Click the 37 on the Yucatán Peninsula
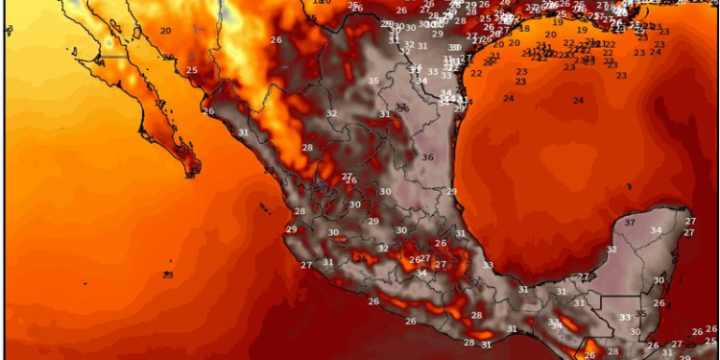click(631, 223)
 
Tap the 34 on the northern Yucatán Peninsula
click(657, 230)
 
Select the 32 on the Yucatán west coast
click(612, 250)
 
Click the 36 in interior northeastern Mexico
click(427, 158)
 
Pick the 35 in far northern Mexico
click(373, 82)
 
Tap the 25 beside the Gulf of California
click(192, 70)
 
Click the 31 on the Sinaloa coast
click(243, 132)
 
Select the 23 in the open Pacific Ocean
click(168, 276)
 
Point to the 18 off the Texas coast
click(524, 29)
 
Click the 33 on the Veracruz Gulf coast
click(488, 266)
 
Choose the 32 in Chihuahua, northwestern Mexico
click(331, 113)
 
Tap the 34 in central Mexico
click(421, 274)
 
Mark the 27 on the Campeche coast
click(583, 277)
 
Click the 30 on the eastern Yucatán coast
click(659, 280)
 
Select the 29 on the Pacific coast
click(291, 229)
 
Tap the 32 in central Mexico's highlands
click(383, 249)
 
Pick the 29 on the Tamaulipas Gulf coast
click(451, 192)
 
